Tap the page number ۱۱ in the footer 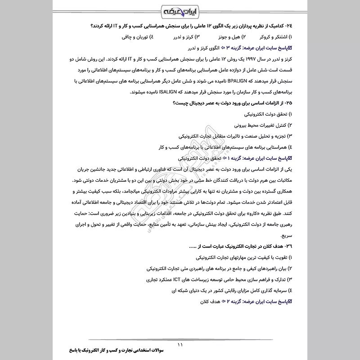pyautogui.click(x=180, y=345)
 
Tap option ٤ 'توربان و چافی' pyautogui.click(x=136, y=36)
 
